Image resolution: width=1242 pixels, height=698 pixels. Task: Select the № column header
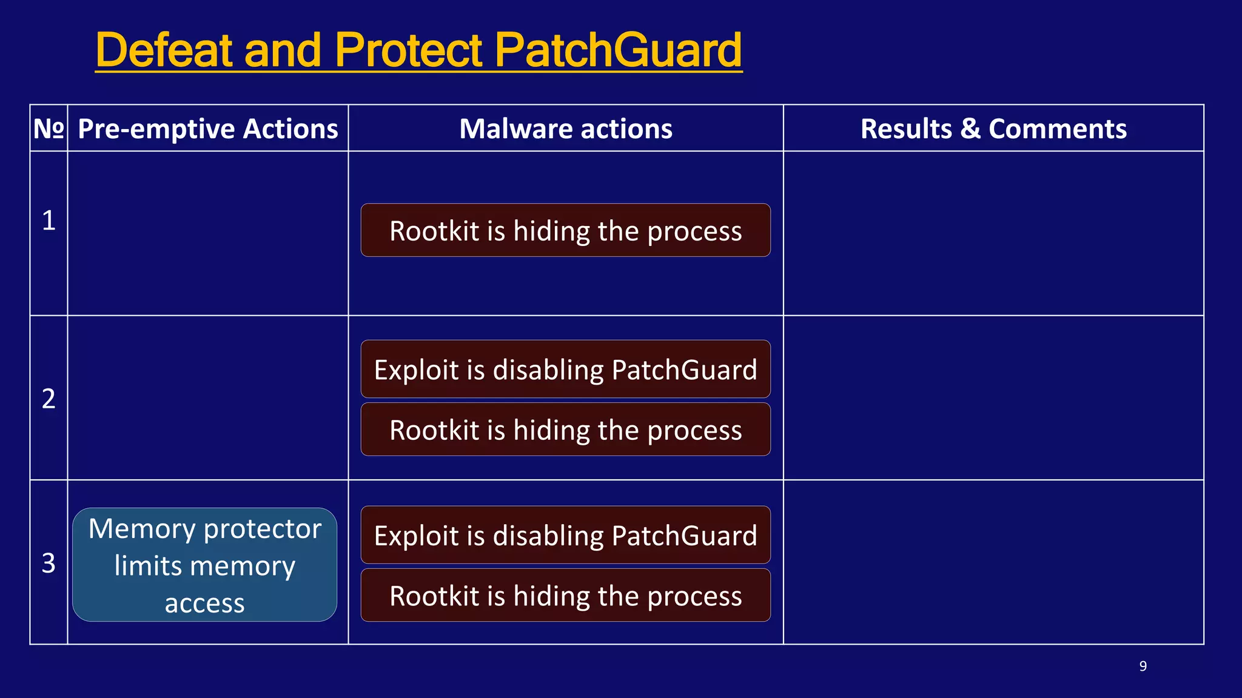[49, 128]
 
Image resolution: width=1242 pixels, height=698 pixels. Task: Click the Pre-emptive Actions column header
[208, 128]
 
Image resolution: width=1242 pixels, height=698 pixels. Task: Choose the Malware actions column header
[566, 128]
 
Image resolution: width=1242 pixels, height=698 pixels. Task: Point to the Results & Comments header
[993, 128]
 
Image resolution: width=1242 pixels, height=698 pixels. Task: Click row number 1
[49, 220]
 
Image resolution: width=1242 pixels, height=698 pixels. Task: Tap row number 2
[49, 398]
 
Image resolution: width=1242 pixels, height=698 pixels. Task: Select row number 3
[49, 563]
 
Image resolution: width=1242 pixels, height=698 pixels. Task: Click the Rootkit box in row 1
[565, 231]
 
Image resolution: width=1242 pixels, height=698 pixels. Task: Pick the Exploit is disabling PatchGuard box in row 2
[565, 370]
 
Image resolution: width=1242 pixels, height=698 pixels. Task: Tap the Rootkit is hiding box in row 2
[565, 430]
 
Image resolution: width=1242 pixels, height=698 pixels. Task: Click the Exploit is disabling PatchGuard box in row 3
[565, 536]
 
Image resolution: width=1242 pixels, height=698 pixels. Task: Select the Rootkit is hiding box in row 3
[565, 596]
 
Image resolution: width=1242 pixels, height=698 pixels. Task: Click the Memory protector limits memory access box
[204, 564]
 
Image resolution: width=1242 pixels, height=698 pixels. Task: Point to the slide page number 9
[1143, 666]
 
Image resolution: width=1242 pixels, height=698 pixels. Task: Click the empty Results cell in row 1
[993, 233]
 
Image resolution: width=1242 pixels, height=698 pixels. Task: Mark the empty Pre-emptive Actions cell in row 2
[208, 398]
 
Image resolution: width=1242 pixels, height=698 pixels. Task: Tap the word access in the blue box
[204, 603]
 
